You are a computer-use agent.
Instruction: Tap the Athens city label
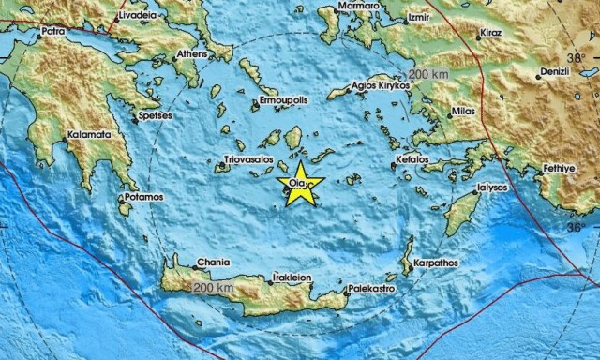pyautogui.click(x=191, y=53)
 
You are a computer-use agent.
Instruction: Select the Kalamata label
pyautogui.click(x=88, y=135)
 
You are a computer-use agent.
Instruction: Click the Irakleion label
pyautogui.click(x=292, y=278)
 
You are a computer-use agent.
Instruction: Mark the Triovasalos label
pyautogui.click(x=247, y=160)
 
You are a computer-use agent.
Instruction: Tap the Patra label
pyautogui.click(x=53, y=32)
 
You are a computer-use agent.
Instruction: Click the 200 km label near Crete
pyautogui.click(x=213, y=286)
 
